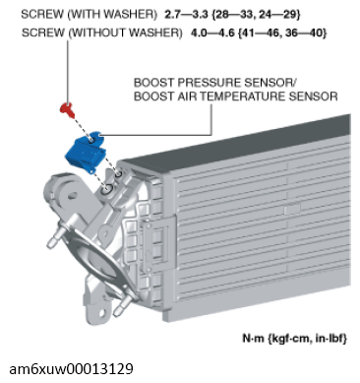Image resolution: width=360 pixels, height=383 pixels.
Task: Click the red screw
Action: (x=68, y=109)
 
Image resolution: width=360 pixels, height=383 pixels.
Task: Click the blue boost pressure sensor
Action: (x=86, y=152)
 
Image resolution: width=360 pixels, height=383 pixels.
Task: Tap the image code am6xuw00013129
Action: (x=72, y=369)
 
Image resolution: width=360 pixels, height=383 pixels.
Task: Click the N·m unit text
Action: (x=253, y=338)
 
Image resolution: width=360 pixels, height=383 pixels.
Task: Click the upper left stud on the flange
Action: (x=55, y=238)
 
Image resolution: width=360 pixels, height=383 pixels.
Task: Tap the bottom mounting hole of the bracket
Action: (x=102, y=313)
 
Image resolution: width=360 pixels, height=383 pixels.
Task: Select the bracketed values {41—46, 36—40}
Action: (x=283, y=32)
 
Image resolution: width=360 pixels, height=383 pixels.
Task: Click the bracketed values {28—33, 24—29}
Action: (x=257, y=14)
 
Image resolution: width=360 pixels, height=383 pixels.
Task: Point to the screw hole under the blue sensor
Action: (x=107, y=190)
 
